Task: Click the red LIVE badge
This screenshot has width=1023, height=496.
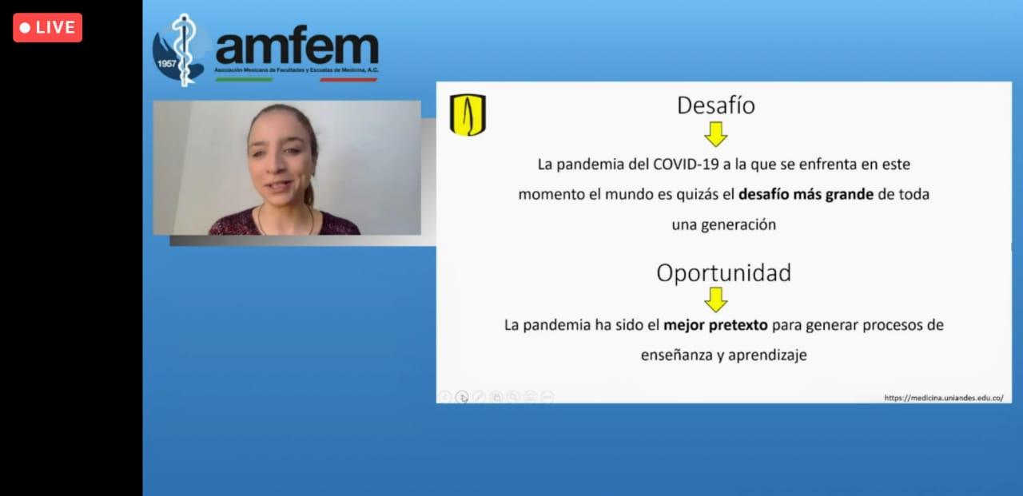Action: click(x=47, y=28)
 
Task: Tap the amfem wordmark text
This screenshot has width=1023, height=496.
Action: click(x=297, y=46)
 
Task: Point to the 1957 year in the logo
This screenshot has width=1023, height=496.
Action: click(x=167, y=63)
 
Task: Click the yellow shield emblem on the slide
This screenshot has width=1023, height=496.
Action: click(x=468, y=114)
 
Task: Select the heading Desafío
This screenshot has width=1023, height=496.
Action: click(x=715, y=105)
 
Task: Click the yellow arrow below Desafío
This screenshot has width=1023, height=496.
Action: click(x=715, y=134)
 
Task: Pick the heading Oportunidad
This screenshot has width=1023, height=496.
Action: click(x=724, y=273)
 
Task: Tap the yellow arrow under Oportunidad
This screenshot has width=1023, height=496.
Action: click(x=715, y=300)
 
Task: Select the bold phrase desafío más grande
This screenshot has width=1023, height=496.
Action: click(x=806, y=194)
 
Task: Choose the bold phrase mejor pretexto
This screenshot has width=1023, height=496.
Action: click(x=715, y=325)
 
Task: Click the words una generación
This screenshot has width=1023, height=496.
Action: click(x=724, y=224)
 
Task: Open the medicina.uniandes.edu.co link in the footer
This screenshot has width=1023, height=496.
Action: click(x=944, y=398)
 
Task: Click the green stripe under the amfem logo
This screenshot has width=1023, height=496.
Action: click(x=244, y=80)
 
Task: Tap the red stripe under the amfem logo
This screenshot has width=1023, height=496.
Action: click(x=348, y=80)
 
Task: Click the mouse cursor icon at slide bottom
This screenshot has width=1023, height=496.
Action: click(x=462, y=398)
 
